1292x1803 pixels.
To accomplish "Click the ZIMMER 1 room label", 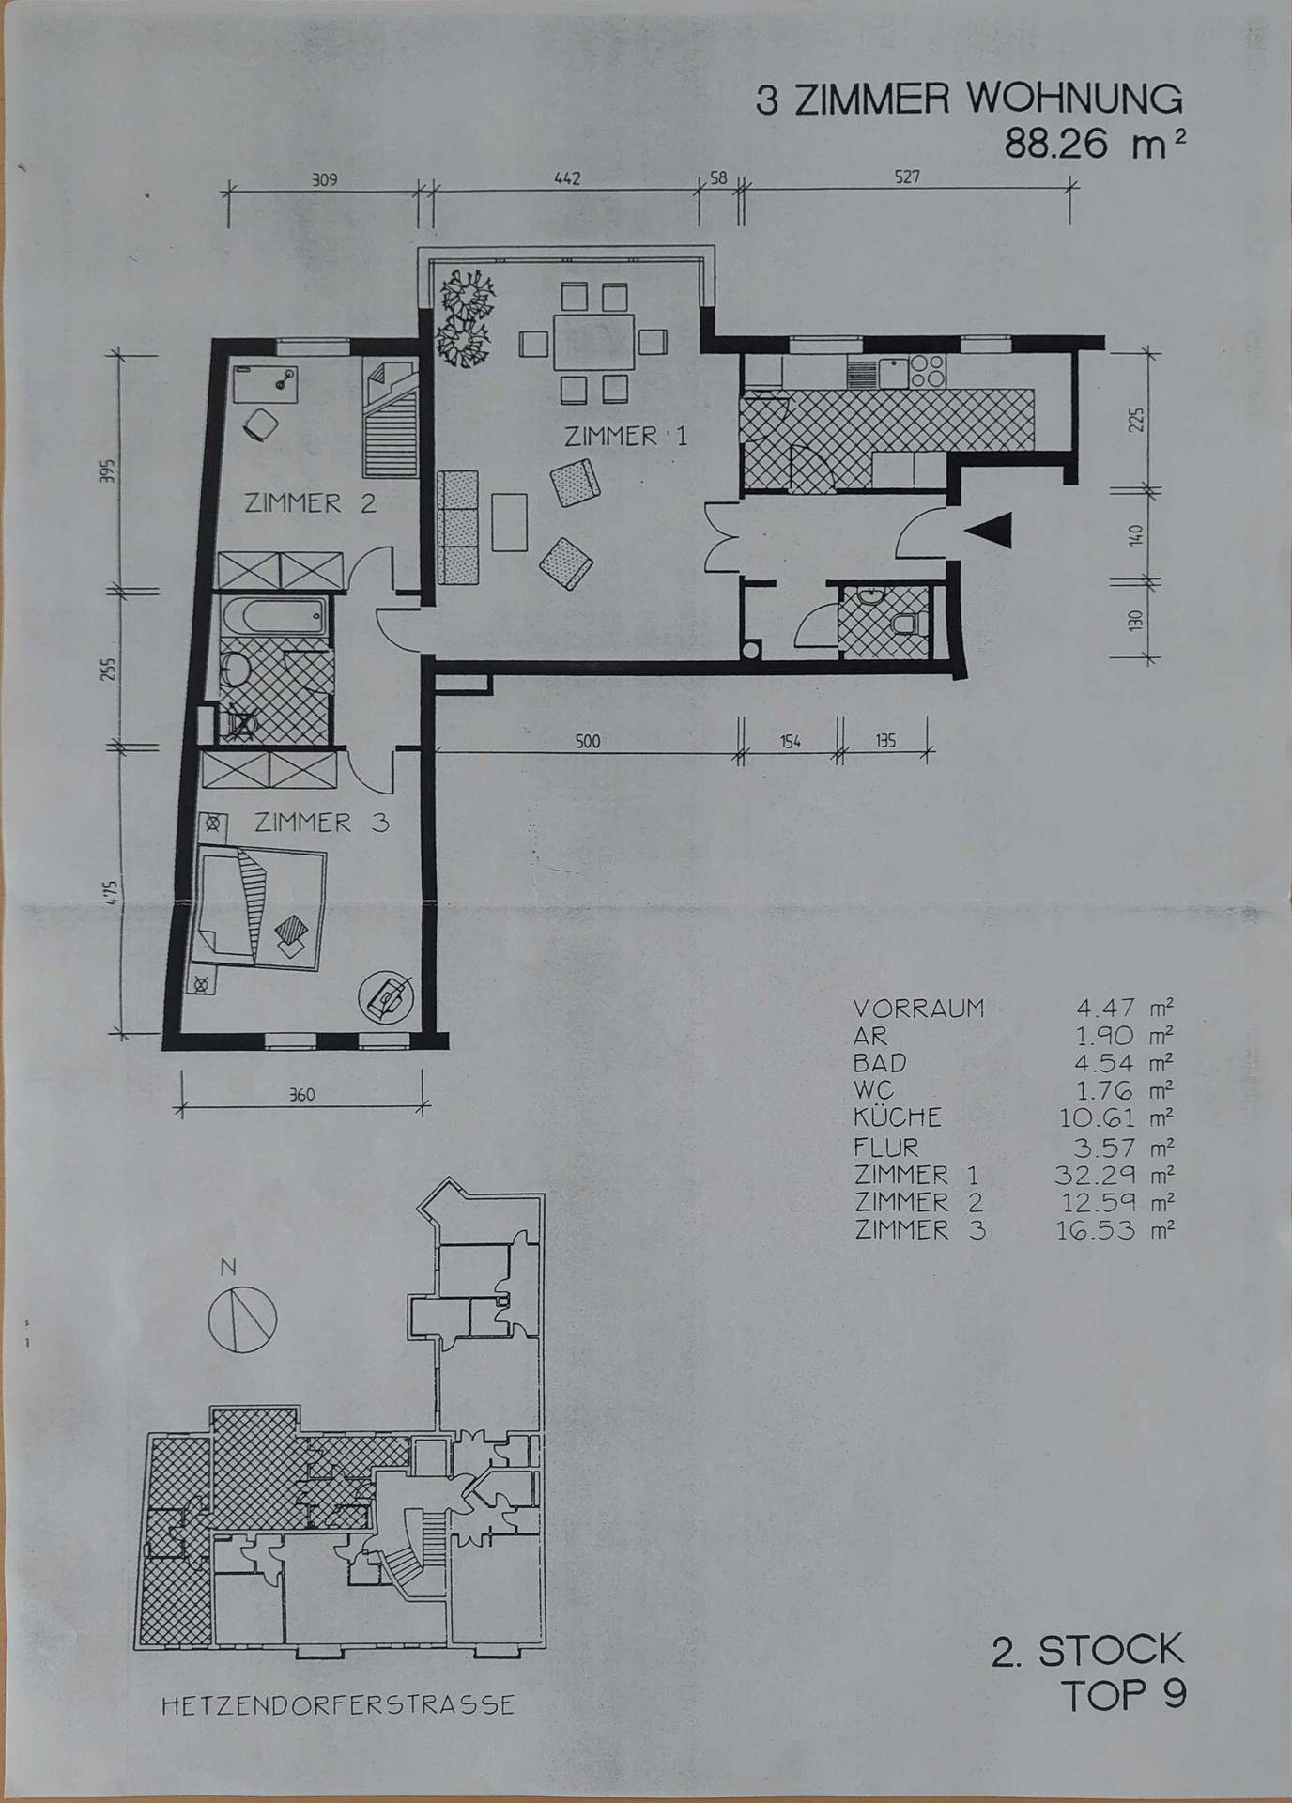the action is point(625,436).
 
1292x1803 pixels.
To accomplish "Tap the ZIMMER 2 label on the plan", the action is point(310,503).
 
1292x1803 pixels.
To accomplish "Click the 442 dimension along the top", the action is point(567,178).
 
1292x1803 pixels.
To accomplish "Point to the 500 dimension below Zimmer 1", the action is point(587,742).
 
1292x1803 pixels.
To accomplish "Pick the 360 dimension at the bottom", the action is point(301,1095).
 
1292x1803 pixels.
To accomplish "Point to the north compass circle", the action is point(242,1319).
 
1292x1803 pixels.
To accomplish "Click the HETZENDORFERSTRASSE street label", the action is point(338,1704).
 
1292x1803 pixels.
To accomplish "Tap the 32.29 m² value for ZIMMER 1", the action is point(1115,1175).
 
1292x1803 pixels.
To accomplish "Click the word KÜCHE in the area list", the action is point(898,1117).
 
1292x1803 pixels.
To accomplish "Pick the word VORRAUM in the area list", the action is point(919,1009).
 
